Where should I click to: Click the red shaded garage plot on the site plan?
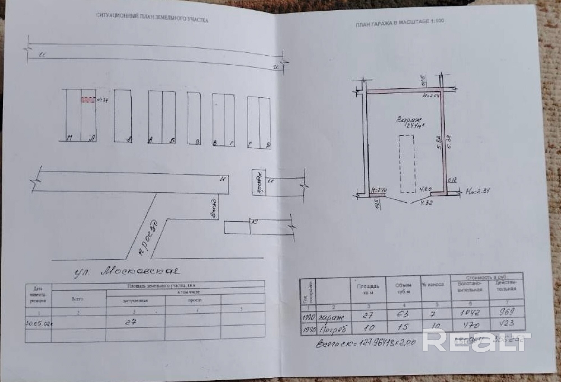click(x=88, y=100)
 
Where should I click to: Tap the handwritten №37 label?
click(x=102, y=100)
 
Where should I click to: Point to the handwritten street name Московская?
click(x=140, y=271)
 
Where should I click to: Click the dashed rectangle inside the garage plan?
click(x=407, y=164)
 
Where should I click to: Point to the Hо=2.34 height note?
click(x=477, y=192)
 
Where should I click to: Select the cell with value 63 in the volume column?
click(x=403, y=314)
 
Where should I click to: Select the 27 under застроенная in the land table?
click(x=131, y=322)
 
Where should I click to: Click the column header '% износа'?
click(x=433, y=284)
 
